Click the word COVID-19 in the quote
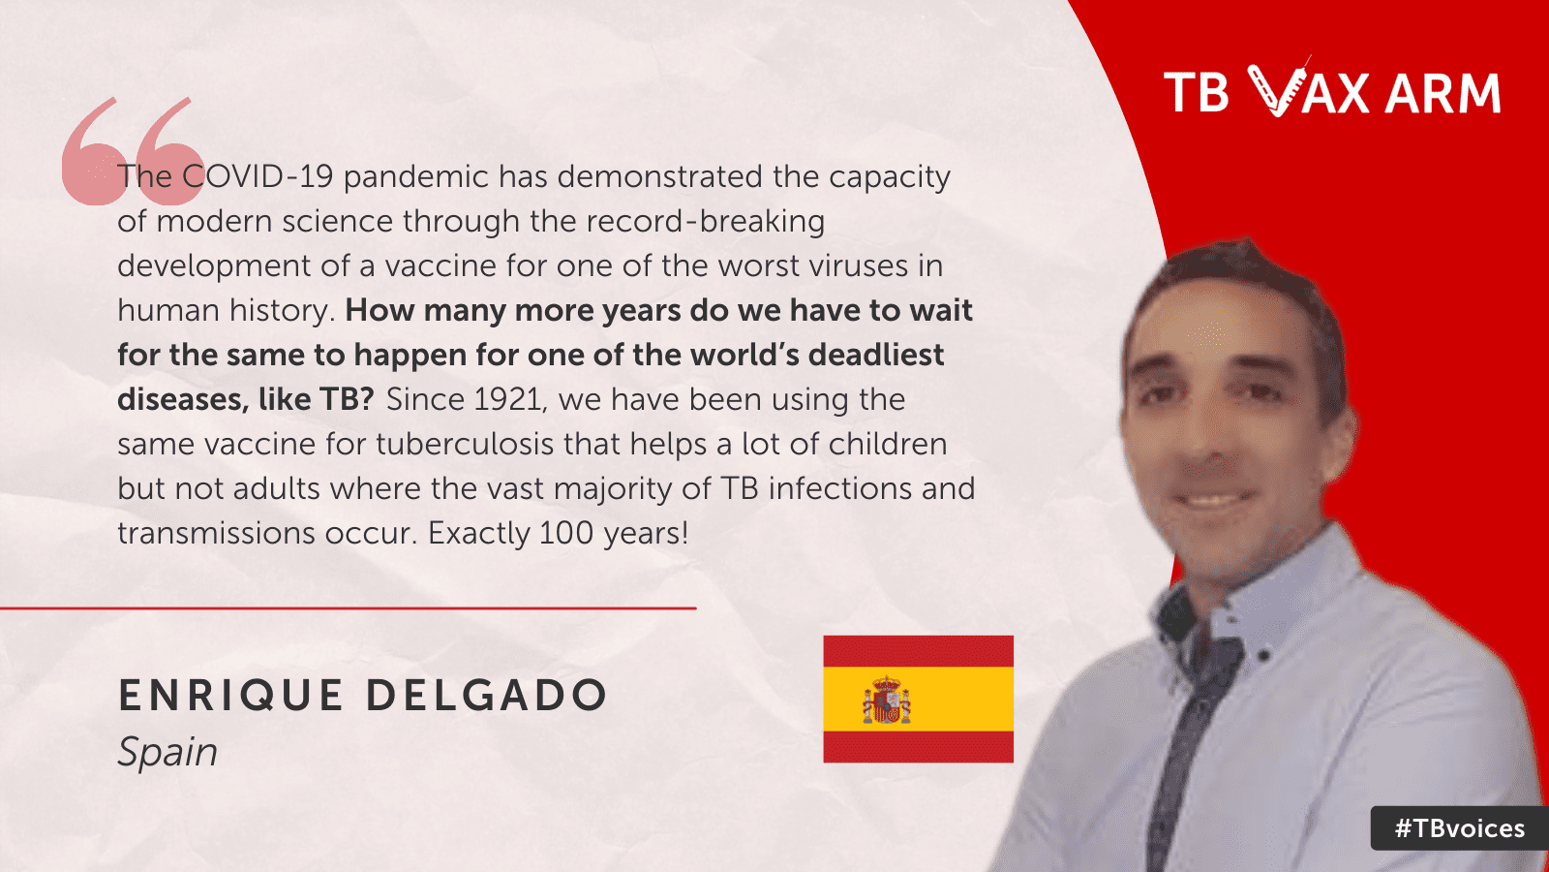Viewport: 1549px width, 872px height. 258,176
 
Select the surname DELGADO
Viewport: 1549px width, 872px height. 487,696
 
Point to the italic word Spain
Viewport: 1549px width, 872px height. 168,753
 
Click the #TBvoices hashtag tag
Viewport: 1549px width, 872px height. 1460,828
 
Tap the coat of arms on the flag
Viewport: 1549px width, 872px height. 887,700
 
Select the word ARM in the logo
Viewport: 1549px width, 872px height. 1443,93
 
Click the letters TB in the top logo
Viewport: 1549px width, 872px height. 1197,93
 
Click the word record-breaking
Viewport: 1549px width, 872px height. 706,222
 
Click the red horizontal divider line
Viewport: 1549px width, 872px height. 348,608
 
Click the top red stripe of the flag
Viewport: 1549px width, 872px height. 919,651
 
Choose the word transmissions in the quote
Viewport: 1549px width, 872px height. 217,534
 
